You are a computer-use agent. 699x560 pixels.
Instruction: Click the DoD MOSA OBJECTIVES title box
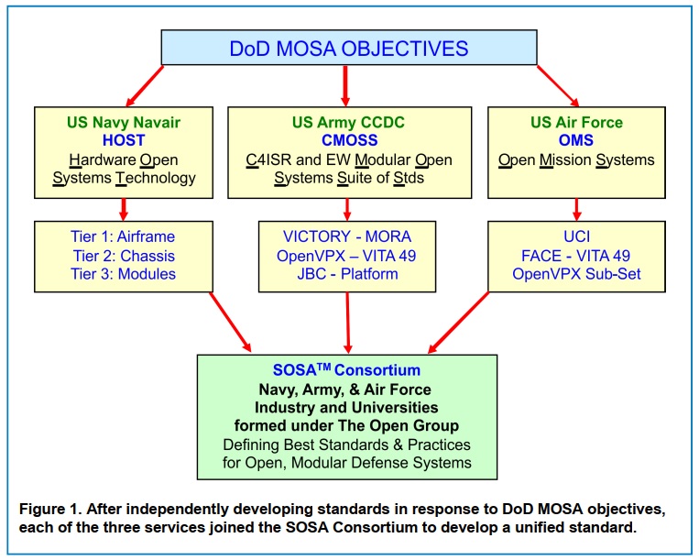click(x=348, y=48)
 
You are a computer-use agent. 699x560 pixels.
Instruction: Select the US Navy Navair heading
click(x=122, y=122)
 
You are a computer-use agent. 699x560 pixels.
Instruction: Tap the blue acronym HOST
click(x=122, y=139)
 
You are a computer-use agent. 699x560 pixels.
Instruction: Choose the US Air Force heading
click(x=576, y=122)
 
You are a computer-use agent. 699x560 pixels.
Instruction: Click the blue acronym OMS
click(x=576, y=139)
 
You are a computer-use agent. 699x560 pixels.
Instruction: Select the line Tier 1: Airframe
click(x=122, y=236)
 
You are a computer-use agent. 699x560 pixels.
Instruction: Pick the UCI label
click(x=576, y=236)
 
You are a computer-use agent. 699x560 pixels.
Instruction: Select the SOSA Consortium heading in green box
click(x=346, y=369)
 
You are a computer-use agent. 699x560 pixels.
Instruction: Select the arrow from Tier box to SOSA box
click(x=220, y=324)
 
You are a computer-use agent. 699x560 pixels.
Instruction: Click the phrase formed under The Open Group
click(x=346, y=425)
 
